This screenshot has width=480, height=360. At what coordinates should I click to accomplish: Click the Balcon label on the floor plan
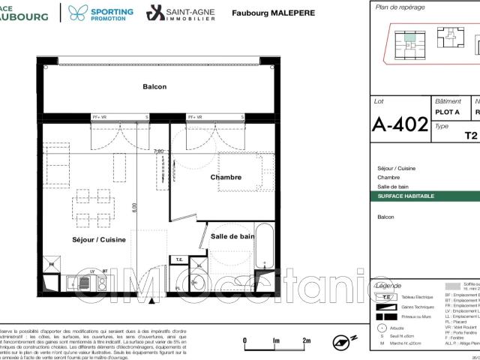[154, 87]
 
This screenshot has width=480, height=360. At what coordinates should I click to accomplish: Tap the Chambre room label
[226, 178]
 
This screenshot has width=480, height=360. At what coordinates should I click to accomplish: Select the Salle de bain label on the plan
[232, 236]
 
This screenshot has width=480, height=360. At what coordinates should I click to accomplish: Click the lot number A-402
[399, 124]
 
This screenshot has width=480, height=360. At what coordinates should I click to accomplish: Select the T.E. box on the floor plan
[179, 259]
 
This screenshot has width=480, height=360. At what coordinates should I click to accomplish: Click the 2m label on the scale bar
[307, 319]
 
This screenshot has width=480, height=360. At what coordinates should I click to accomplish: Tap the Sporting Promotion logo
[101, 13]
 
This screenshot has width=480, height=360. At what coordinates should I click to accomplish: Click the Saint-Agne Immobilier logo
[178, 13]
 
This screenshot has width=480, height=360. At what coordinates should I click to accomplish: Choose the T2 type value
[470, 136]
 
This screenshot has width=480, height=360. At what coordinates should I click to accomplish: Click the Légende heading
[387, 286]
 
